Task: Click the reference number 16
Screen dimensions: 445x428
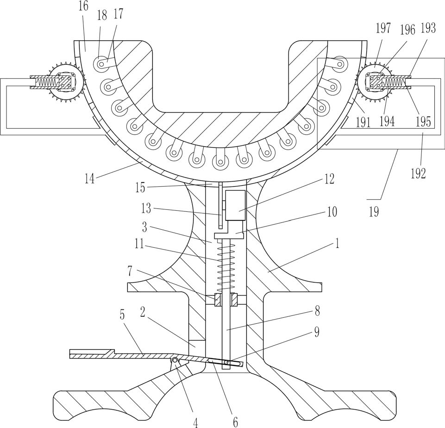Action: (83, 6)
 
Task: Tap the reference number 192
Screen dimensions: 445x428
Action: (419, 173)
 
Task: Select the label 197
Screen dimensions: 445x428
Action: (383, 28)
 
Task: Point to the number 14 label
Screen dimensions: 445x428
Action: (89, 179)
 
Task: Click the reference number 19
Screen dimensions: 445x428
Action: (374, 212)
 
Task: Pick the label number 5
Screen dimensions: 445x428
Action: (122, 315)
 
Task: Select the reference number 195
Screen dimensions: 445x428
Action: (423, 121)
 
